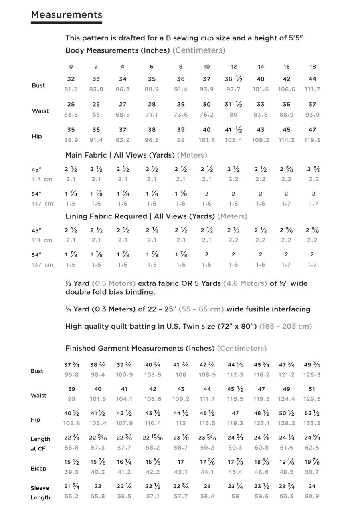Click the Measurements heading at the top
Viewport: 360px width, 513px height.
click(67, 15)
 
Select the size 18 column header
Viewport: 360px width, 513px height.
click(313, 67)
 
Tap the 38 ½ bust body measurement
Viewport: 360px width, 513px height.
click(233, 79)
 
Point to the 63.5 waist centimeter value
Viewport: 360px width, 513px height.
click(71, 115)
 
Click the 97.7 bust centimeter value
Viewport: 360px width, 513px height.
click(233, 89)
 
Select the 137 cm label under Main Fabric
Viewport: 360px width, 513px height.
click(42, 204)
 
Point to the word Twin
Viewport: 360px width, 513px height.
click(183, 326)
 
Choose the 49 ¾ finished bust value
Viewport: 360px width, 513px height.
click(312, 365)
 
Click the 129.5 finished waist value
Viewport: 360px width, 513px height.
click(312, 399)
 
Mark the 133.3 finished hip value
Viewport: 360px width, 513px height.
click(312, 423)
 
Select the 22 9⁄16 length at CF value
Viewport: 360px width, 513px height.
click(97, 438)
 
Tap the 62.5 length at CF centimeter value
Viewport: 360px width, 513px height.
click(312, 448)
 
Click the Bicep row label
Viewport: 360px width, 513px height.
click(38, 469)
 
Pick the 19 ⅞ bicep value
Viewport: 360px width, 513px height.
click(312, 462)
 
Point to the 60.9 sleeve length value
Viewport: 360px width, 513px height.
click(312, 496)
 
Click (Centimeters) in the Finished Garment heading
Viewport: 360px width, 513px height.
click(242, 349)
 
